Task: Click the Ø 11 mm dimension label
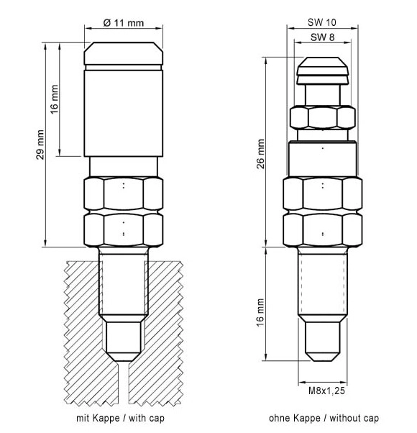click(x=124, y=22)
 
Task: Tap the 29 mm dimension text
click(x=40, y=145)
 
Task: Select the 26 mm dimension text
click(x=261, y=153)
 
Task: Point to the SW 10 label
click(x=322, y=22)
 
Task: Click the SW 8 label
click(x=322, y=37)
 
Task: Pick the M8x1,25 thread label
click(x=326, y=391)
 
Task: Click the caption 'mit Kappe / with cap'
click(x=120, y=418)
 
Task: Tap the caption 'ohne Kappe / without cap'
click(x=324, y=418)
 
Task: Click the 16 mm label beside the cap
click(x=55, y=99)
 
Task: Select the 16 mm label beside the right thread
click(x=260, y=312)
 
